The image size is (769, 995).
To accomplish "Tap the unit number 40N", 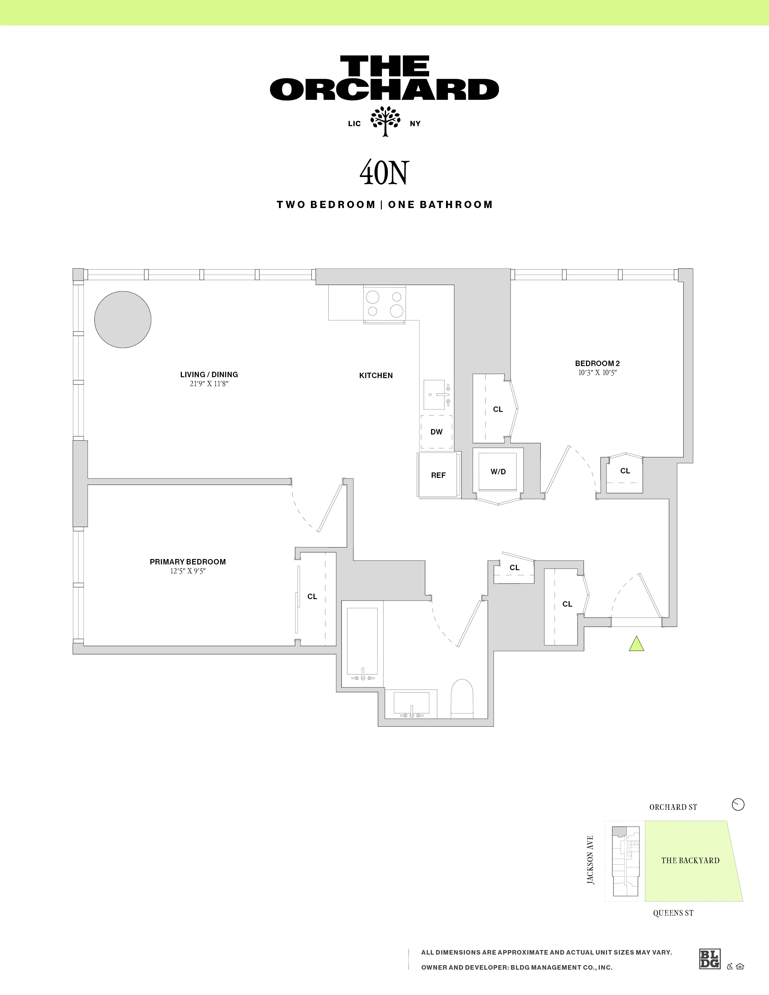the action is coord(384,173).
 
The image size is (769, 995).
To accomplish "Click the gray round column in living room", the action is coord(122,319).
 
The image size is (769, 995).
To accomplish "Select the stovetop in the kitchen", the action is coord(384,304).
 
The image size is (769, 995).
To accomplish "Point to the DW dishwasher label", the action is coord(436,432).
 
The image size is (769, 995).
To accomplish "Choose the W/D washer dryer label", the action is coord(498,472).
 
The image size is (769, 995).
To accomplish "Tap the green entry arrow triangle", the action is coord(636,644).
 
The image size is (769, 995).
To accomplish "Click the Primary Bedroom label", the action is coord(188,562).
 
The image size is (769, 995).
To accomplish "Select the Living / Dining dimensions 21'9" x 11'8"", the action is coord(209,384).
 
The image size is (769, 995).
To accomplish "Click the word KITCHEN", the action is coord(376,375).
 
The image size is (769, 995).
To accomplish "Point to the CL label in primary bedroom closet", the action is coord(312,596).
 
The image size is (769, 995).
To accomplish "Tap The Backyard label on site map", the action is coord(690,860).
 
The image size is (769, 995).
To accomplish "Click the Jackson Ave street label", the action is coord(590,860).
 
